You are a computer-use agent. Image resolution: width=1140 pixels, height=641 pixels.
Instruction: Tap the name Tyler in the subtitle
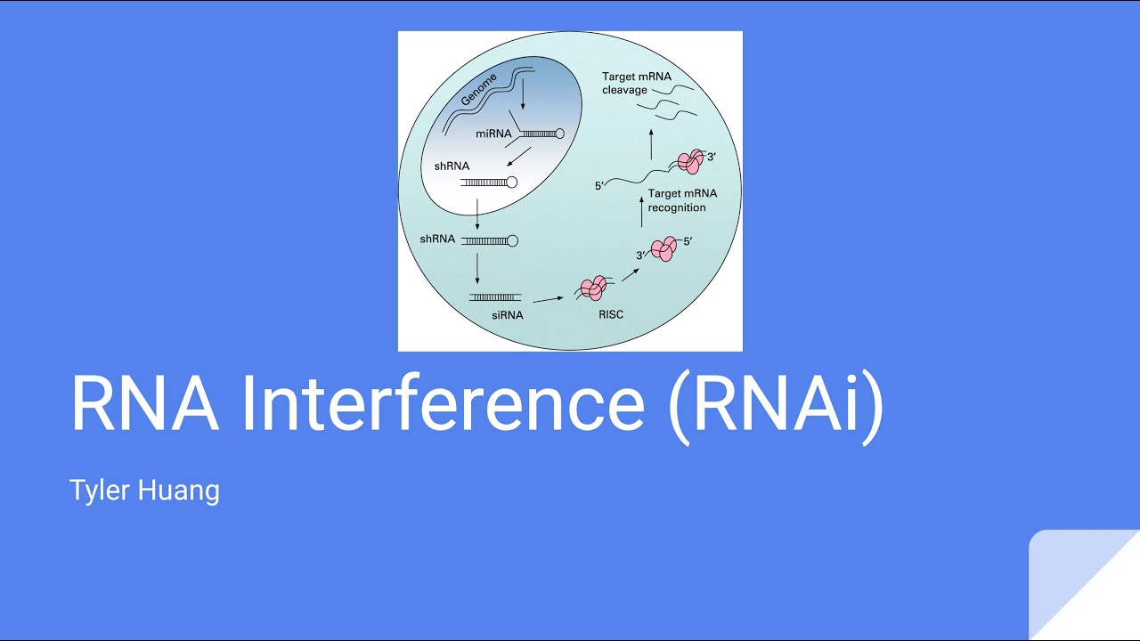(98, 491)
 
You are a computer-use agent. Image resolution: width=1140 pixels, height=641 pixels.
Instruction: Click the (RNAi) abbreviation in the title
(776, 406)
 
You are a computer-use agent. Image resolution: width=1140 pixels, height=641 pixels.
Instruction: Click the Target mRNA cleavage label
(637, 84)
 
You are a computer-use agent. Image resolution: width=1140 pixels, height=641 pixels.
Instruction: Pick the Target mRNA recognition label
(681, 200)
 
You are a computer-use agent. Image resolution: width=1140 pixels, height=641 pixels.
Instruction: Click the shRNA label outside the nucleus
(437, 239)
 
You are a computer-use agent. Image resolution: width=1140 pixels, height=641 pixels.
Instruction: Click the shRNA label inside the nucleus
(451, 166)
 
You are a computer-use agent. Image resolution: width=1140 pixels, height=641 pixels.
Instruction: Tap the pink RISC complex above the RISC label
(593, 288)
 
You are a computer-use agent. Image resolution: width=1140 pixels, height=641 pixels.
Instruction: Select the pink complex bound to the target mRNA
(690, 161)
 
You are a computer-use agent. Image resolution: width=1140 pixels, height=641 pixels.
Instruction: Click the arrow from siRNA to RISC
(548, 299)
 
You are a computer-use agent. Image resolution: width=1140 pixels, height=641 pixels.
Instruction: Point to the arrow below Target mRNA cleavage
(651, 142)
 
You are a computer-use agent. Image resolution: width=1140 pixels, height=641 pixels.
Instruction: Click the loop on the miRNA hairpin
(559, 134)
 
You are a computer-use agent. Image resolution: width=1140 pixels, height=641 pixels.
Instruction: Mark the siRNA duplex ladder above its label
(495, 296)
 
